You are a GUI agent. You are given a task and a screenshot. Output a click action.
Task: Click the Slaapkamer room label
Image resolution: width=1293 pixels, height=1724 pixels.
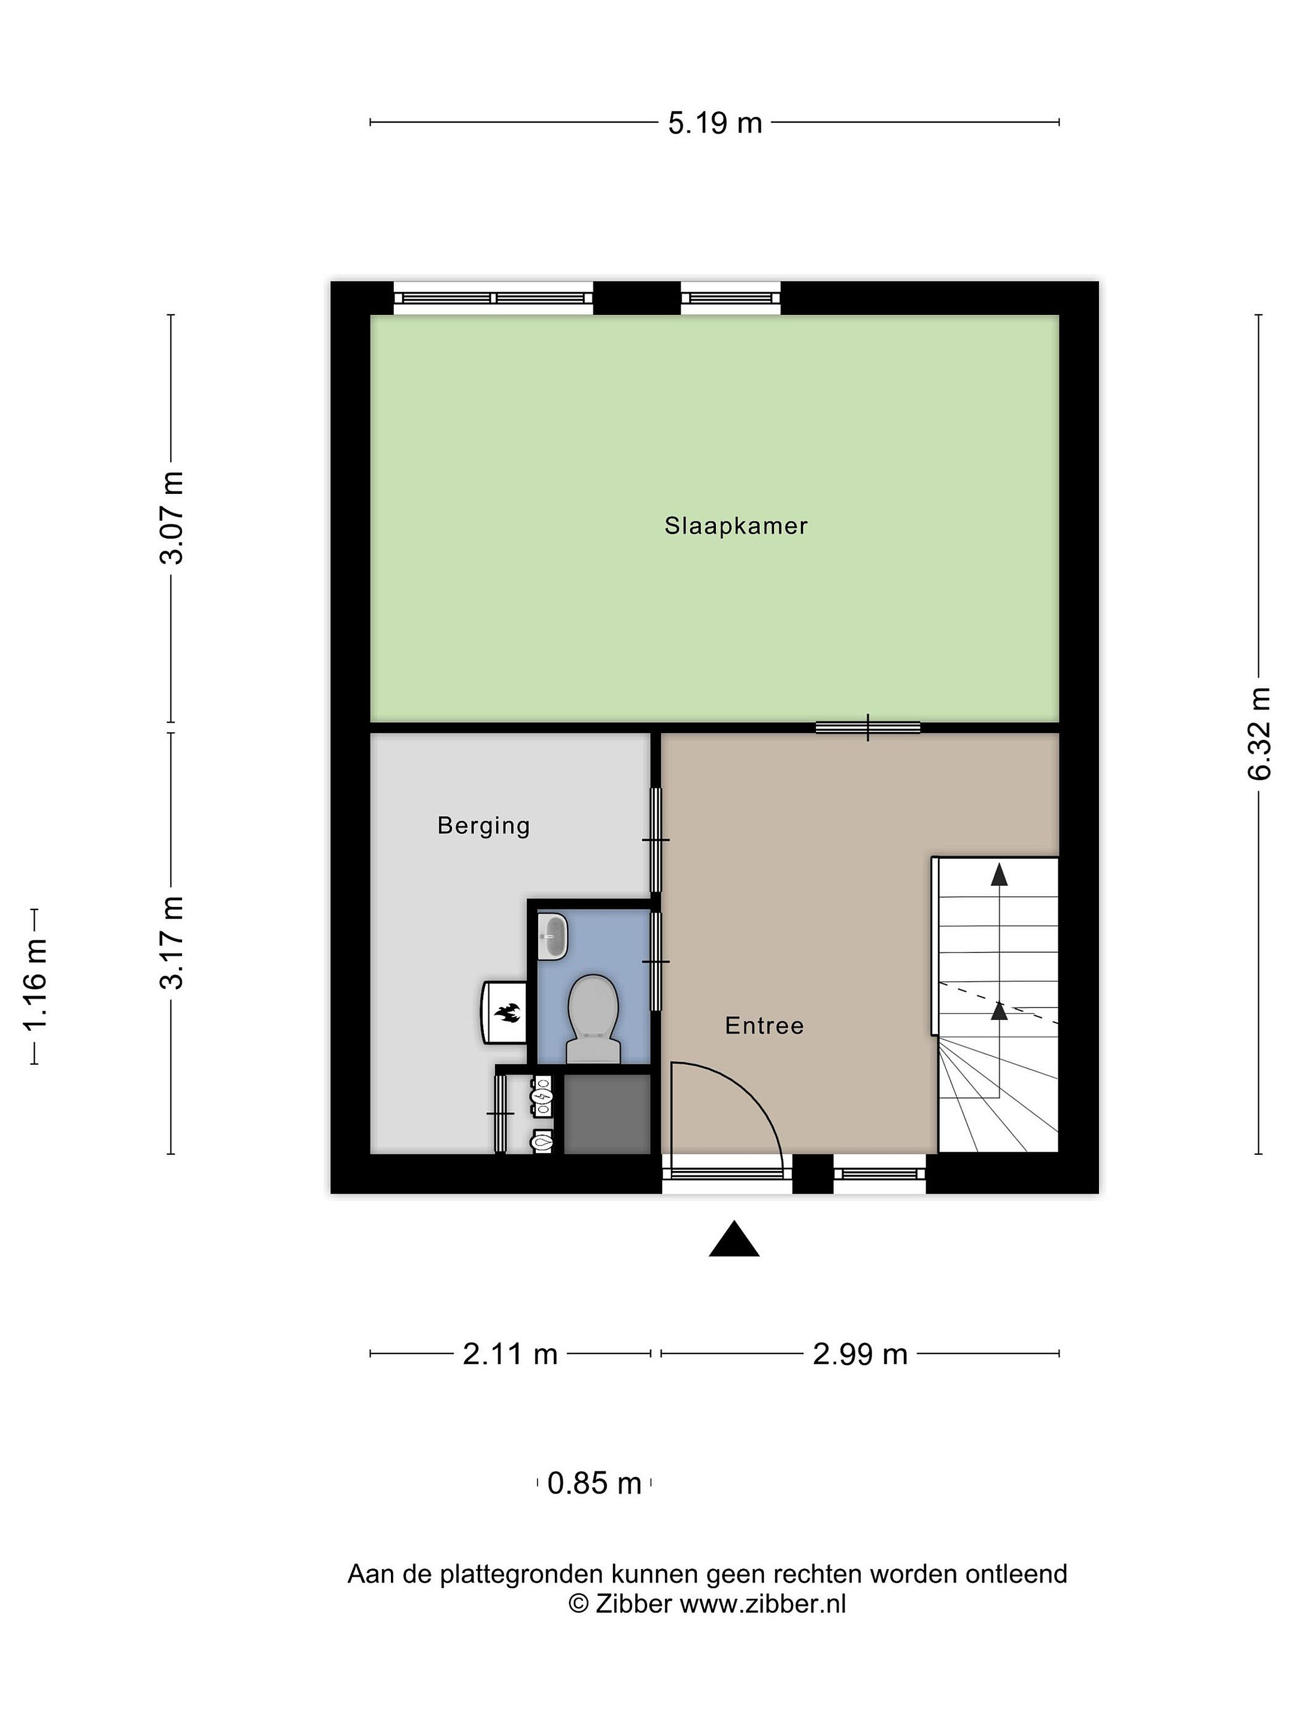[736, 526]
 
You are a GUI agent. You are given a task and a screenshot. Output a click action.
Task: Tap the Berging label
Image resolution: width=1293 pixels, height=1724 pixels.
[483, 825]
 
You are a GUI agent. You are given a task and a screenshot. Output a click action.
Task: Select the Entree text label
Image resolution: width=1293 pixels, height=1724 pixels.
[764, 1025]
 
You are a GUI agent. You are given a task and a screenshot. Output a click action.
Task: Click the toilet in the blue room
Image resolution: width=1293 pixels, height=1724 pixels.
[593, 1019]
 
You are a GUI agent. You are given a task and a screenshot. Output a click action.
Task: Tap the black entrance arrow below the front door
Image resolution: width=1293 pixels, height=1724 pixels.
[733, 1239]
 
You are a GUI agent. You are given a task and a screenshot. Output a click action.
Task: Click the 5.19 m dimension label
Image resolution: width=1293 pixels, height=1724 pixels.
[715, 123]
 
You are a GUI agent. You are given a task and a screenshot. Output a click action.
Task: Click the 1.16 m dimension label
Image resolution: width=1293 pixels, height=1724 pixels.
[36, 985]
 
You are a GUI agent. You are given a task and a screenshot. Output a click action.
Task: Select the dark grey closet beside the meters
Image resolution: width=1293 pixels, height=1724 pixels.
[607, 1115]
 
